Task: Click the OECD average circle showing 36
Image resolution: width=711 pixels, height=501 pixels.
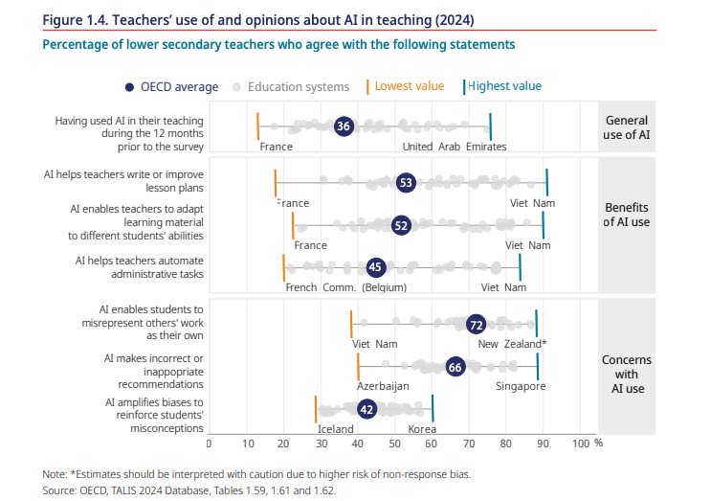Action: [x=344, y=126]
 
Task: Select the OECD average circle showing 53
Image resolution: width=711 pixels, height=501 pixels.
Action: [x=406, y=182]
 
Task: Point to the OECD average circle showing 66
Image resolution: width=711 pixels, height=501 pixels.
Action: [x=455, y=367]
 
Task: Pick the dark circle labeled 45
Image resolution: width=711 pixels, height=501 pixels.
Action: [x=376, y=268]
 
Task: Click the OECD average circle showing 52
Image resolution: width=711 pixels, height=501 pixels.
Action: [x=402, y=225]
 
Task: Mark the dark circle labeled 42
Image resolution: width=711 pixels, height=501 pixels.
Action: [x=366, y=409]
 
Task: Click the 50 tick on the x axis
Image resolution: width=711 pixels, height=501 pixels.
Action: [x=395, y=444]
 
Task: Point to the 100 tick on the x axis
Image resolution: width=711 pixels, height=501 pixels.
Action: [x=580, y=444]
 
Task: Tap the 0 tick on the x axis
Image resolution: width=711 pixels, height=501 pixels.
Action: [x=210, y=444]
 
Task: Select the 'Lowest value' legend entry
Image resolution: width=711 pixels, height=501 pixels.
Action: [x=409, y=86]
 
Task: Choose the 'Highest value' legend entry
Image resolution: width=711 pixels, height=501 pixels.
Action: [x=504, y=86]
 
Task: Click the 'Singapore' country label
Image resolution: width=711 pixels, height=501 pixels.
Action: [x=521, y=386]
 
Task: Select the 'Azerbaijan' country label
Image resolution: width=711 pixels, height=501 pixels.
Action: [x=383, y=386]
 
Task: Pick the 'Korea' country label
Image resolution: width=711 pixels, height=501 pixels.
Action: [x=422, y=430]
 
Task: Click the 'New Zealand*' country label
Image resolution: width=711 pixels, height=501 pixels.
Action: [x=513, y=344]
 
